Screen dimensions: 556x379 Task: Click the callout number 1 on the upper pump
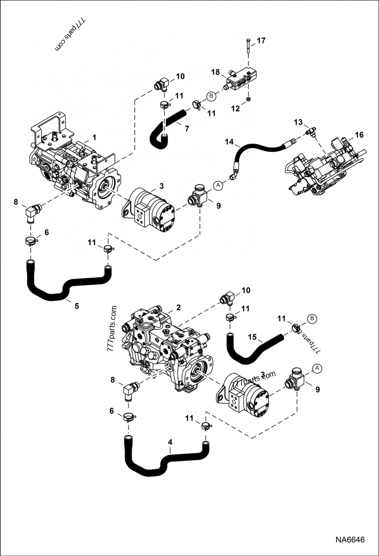click(94, 138)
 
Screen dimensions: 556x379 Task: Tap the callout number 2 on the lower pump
click(178, 307)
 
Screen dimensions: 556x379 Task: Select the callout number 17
click(262, 40)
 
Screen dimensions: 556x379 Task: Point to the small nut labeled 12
click(248, 99)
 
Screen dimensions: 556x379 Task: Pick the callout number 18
click(216, 72)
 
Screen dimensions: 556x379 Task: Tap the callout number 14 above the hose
click(230, 142)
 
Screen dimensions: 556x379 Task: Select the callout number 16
click(359, 135)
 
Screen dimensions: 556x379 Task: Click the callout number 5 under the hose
click(76, 306)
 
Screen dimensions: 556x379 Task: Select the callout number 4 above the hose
click(169, 442)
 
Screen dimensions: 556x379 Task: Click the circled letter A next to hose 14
click(218, 185)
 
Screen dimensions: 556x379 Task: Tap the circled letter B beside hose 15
click(312, 317)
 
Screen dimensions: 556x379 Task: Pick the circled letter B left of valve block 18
click(211, 96)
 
